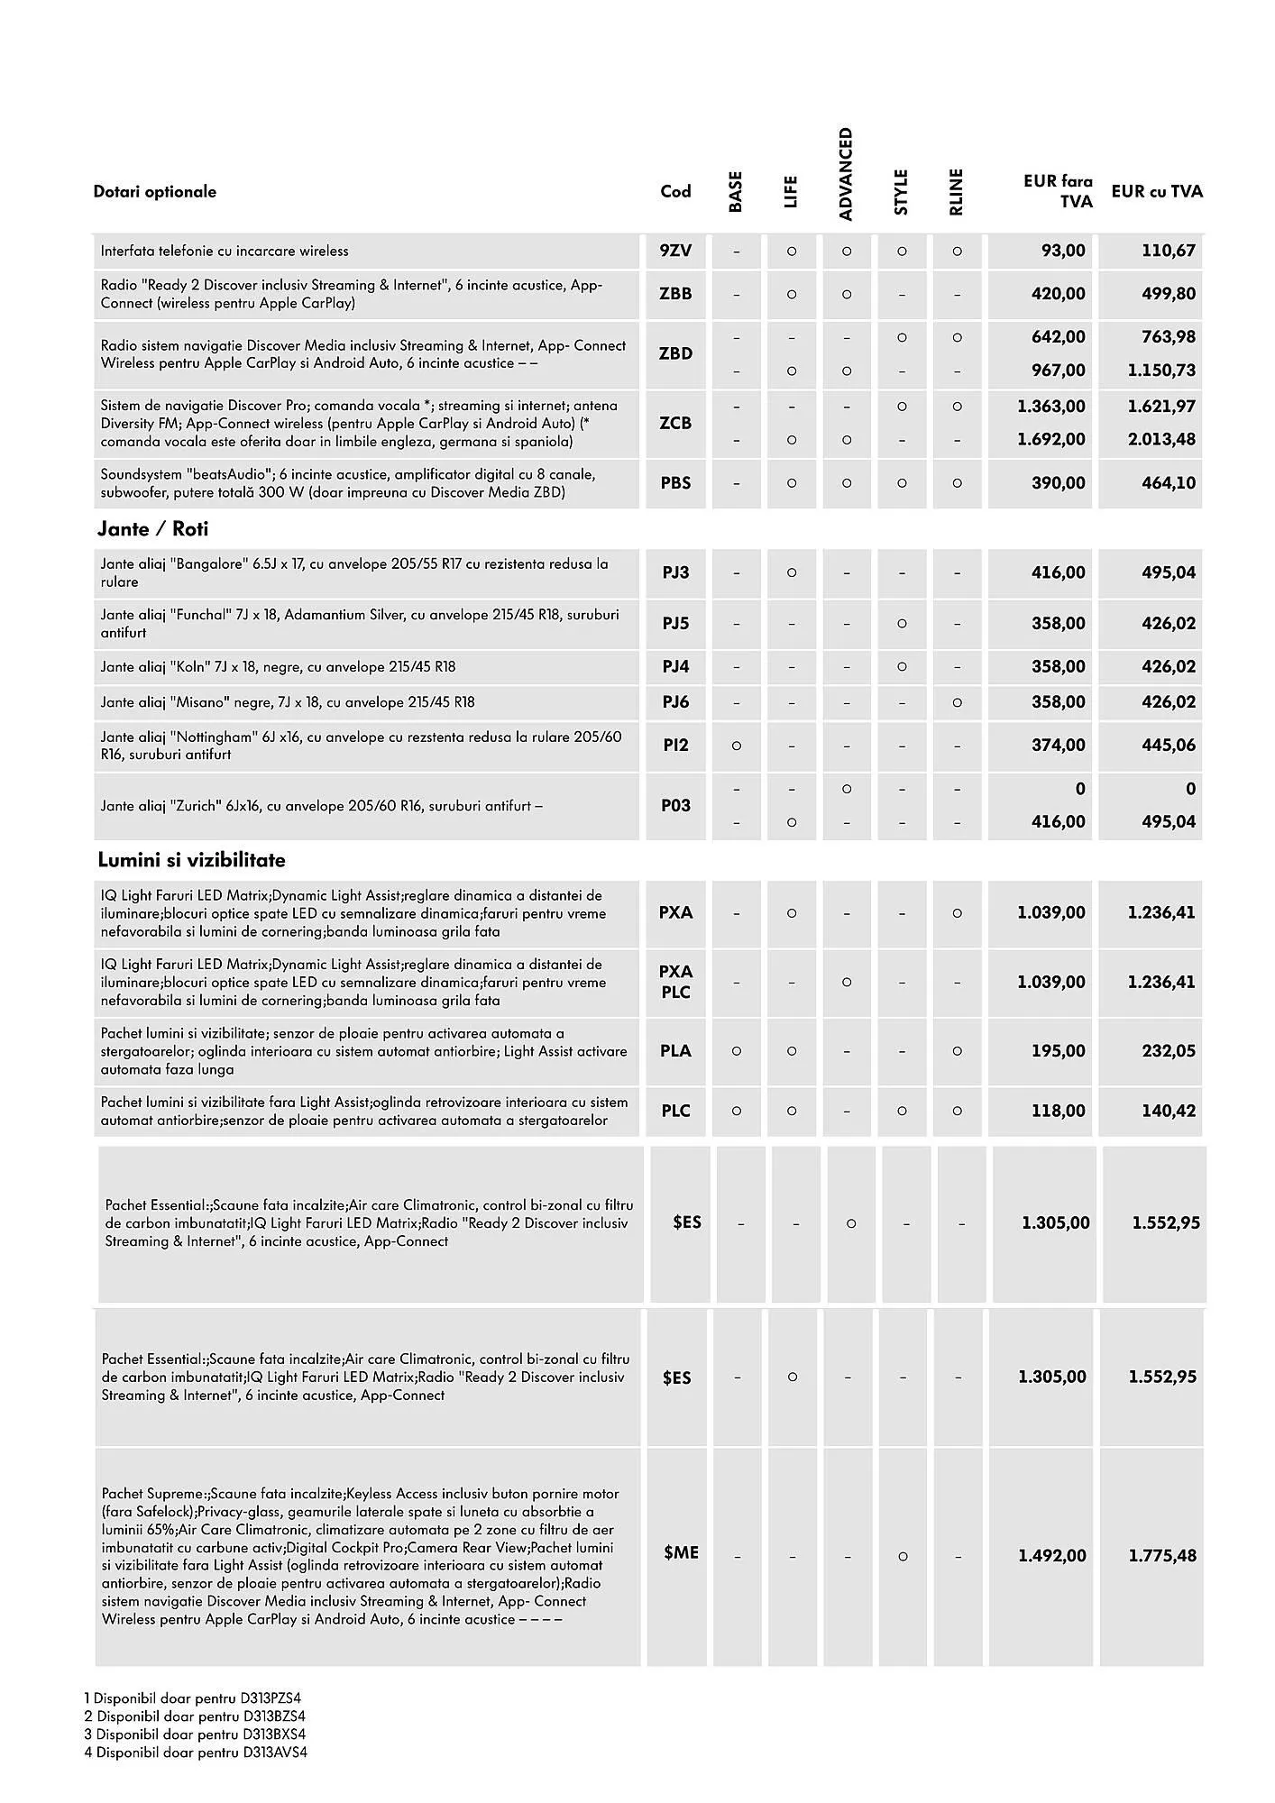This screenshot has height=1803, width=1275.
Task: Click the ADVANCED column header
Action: [845, 173]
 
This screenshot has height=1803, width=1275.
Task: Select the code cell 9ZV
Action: [675, 251]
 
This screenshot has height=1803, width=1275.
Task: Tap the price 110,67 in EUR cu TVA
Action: [1168, 251]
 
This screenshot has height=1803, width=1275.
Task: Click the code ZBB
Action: [675, 294]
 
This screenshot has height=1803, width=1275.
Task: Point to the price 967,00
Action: [1058, 371]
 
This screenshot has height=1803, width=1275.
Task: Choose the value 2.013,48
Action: [1161, 440]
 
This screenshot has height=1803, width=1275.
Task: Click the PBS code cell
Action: [675, 483]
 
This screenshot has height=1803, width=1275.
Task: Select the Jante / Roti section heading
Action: [152, 529]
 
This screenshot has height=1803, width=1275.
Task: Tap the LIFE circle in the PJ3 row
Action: [791, 572]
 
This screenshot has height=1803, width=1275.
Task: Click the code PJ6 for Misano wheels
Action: [675, 702]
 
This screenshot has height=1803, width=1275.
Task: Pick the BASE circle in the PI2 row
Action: [736, 746]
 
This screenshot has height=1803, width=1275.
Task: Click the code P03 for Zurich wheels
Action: [675, 805]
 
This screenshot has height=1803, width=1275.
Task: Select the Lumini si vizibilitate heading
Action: [191, 860]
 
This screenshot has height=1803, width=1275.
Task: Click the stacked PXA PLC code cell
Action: [675, 982]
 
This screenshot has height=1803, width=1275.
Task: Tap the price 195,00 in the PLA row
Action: [1058, 1051]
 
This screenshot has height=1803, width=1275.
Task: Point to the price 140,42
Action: [1168, 1111]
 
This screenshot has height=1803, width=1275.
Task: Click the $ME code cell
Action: [681, 1552]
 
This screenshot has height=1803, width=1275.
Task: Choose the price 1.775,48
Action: [1162, 1556]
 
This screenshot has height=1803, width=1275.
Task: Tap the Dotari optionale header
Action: [154, 191]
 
